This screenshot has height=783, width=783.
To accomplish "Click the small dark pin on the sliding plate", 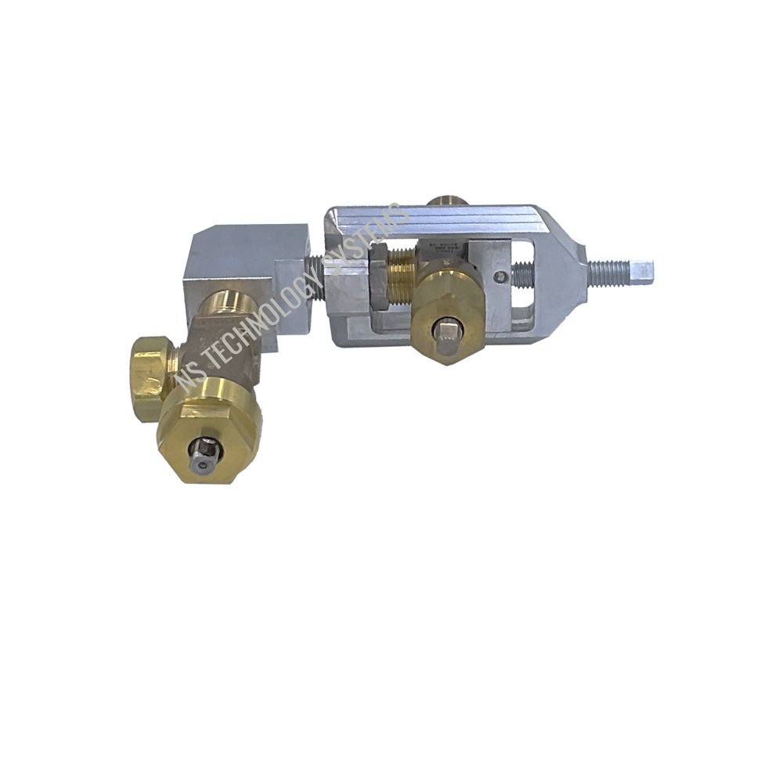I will tap(498, 275).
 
